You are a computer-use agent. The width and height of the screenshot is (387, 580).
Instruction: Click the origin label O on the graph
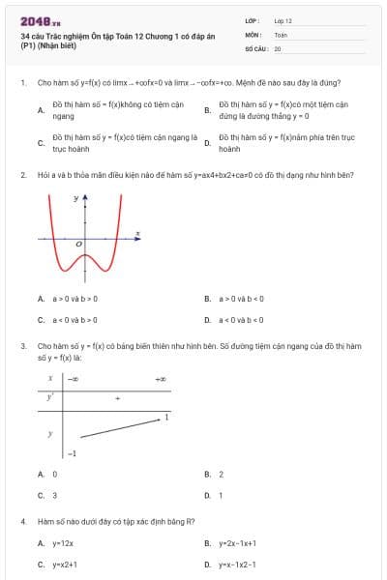79,246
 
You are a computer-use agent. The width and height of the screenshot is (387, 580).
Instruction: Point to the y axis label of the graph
77,197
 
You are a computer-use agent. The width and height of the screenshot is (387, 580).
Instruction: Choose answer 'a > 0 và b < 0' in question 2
241,299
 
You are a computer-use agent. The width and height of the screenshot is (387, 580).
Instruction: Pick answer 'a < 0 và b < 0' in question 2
241,319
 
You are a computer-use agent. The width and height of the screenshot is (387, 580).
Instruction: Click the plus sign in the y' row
117,397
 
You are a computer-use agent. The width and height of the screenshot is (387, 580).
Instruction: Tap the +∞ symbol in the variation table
161,379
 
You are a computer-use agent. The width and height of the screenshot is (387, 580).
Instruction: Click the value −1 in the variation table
71,453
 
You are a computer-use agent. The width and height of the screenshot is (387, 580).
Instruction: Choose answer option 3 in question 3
54,495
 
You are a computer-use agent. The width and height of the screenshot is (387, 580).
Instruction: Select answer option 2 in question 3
221,475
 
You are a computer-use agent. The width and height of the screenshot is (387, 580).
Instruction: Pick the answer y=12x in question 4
62,544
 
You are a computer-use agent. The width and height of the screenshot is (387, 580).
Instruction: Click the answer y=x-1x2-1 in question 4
236,564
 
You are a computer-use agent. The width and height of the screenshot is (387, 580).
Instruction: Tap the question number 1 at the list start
22,83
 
